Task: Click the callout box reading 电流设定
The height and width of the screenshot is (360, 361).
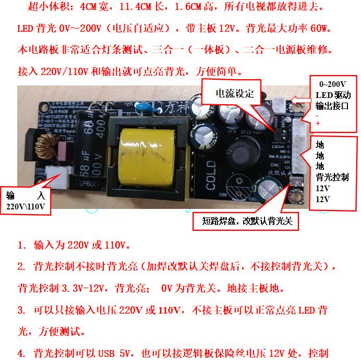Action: pyautogui.click(x=235, y=94)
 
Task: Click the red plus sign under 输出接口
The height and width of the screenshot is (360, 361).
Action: pyautogui.click(x=318, y=123)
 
